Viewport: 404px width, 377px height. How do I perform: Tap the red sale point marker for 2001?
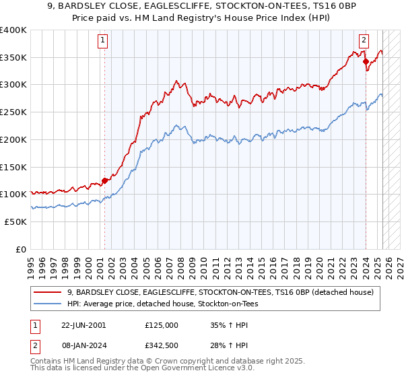click(x=104, y=180)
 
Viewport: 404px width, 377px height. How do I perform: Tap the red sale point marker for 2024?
click(x=366, y=61)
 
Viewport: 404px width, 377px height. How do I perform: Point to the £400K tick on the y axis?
click(x=13, y=30)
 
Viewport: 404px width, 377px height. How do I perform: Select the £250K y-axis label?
click(x=13, y=112)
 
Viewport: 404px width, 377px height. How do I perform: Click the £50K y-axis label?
click(x=16, y=221)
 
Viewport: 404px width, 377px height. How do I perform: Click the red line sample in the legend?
click(x=48, y=292)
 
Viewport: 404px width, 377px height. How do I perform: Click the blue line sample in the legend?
click(x=48, y=304)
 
